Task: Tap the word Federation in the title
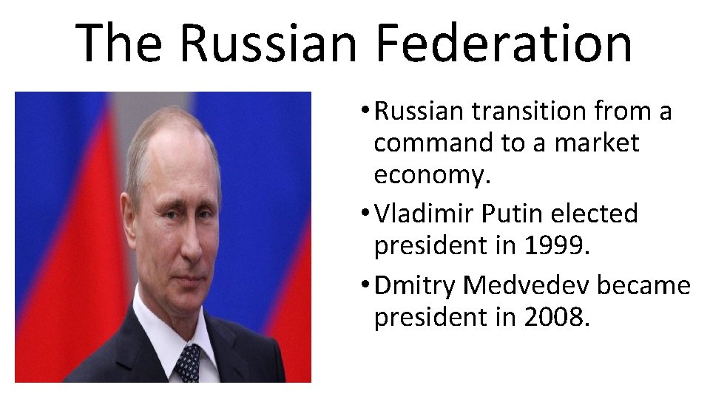point(504,42)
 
